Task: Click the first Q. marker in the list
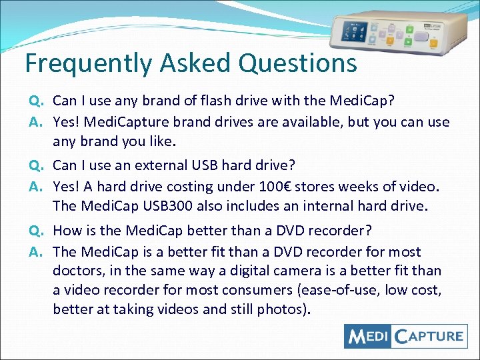[36, 101]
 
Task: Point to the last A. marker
[36, 251]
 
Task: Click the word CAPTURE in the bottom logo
[428, 336]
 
